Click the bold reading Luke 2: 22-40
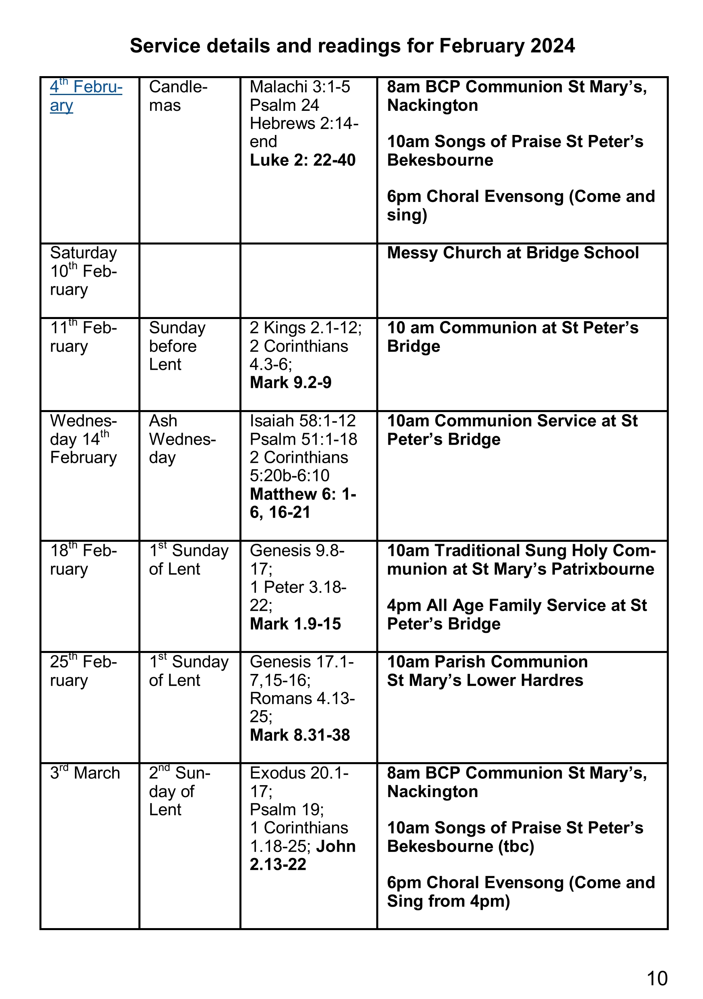coord(303,160)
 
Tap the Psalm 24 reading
coord(284,105)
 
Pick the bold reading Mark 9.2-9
coord(291,382)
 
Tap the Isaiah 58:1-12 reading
coord(303,421)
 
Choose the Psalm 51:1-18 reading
coord(303,439)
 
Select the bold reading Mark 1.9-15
coord(295,624)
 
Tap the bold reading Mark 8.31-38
coord(300,735)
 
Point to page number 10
coord(656,978)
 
